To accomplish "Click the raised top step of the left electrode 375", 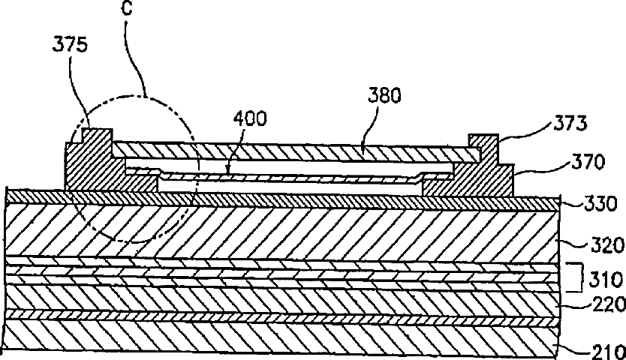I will (x=96, y=136).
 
